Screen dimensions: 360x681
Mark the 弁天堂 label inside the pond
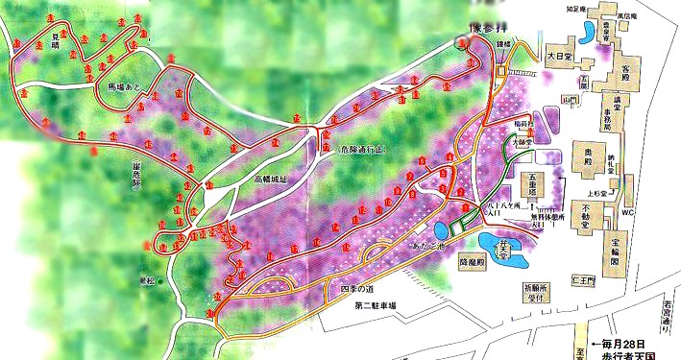[499, 248]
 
